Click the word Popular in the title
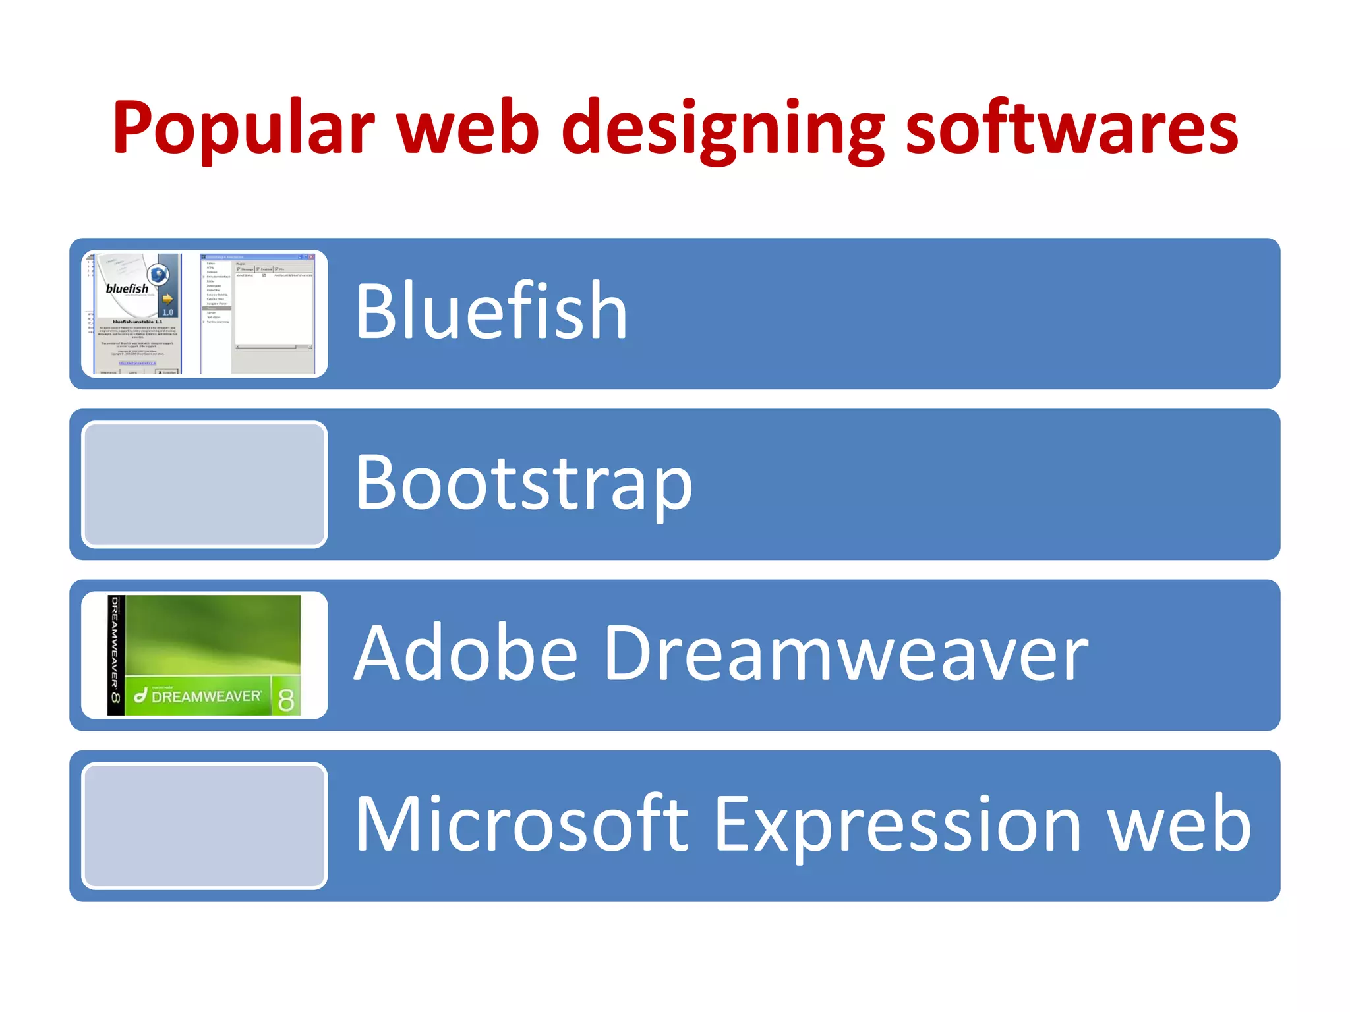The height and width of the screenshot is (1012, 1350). [243, 128]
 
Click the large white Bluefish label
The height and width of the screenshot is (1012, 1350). [491, 311]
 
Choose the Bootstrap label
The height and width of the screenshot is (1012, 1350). [523, 483]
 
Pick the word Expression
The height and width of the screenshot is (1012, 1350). [897, 825]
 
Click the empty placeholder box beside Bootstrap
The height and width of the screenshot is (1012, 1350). [204, 484]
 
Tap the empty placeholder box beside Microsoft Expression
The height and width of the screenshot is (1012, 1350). [204, 826]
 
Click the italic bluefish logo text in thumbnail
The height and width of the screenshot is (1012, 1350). [127, 289]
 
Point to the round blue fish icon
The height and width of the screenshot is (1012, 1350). [158, 273]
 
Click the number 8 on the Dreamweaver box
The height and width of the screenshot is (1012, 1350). [286, 699]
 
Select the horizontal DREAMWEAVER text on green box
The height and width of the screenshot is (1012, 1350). [206, 696]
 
